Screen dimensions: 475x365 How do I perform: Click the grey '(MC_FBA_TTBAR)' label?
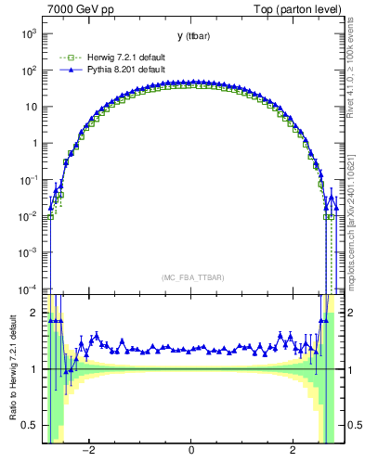(189, 277)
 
